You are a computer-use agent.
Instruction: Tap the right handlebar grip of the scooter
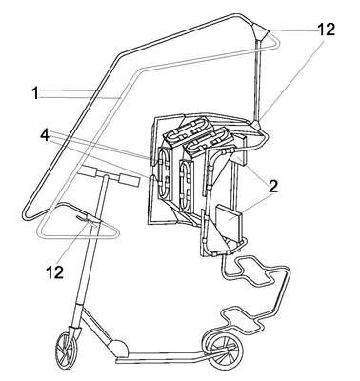coord(129,179)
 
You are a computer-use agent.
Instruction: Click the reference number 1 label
coord(36,93)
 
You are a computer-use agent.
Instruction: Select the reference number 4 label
coord(45,135)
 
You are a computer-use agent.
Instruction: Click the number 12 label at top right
coord(326,30)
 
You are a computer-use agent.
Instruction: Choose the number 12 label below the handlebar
coord(54,271)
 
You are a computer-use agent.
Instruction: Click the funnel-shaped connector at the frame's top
coord(261,32)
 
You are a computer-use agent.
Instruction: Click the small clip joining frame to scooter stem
coord(90,220)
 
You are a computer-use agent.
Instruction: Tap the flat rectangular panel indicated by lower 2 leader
coord(229,219)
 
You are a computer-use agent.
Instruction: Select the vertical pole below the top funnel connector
coord(258,80)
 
